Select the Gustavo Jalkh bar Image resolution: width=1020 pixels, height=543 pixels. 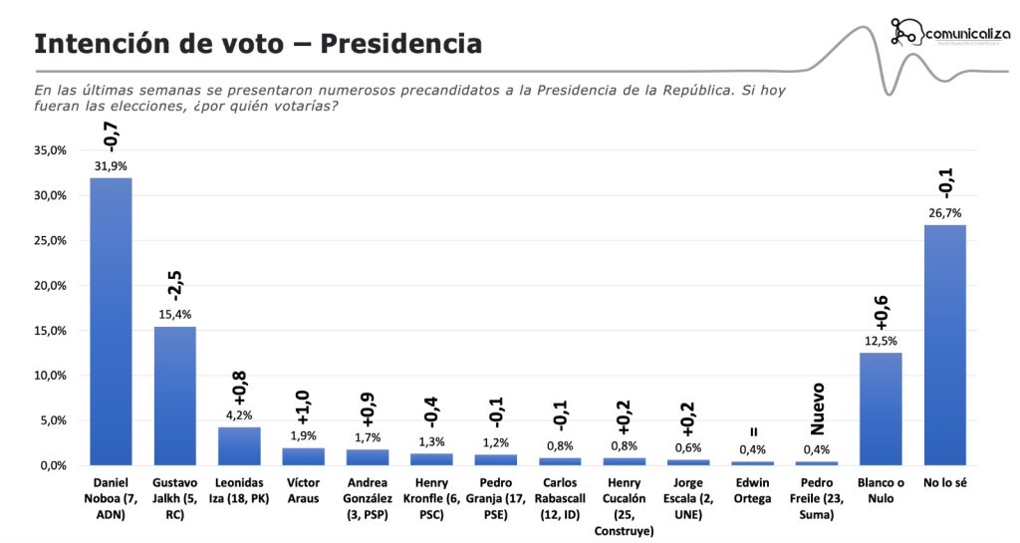[174, 396]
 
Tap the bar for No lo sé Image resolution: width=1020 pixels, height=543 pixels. [944, 345]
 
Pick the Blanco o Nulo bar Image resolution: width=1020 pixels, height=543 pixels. [881, 408]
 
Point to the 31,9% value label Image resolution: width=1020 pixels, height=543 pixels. [111, 165]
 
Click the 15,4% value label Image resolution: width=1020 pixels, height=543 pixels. [174, 314]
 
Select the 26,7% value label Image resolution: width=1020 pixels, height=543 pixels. [944, 213]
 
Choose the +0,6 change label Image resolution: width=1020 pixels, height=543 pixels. [881, 312]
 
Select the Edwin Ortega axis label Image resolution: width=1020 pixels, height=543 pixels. [752, 490]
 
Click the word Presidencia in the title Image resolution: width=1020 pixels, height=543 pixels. [403, 44]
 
